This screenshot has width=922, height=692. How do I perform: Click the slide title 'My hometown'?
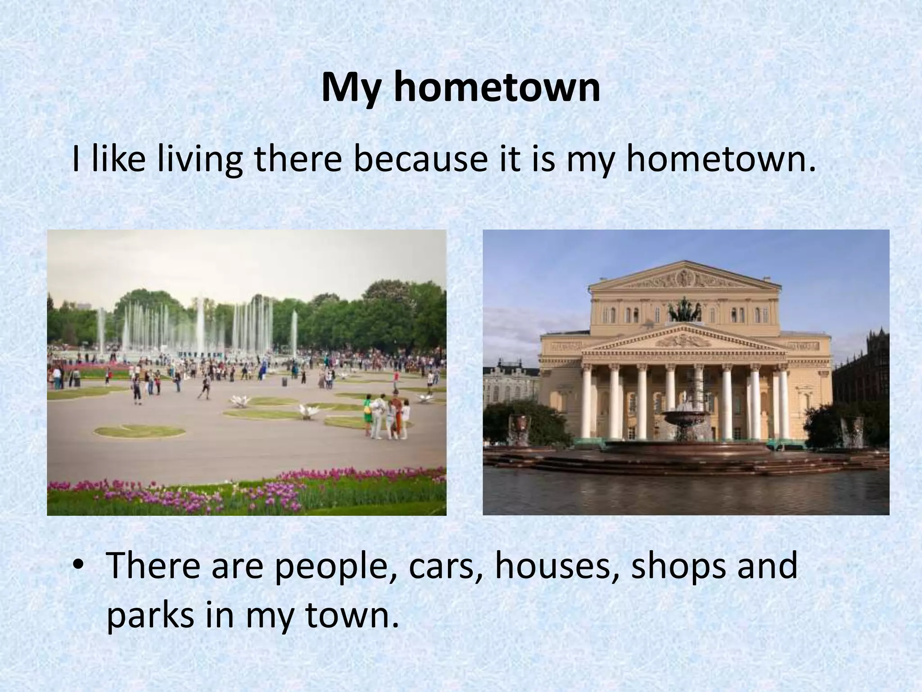click(461, 88)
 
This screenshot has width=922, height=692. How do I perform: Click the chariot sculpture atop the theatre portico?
click(685, 311)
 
